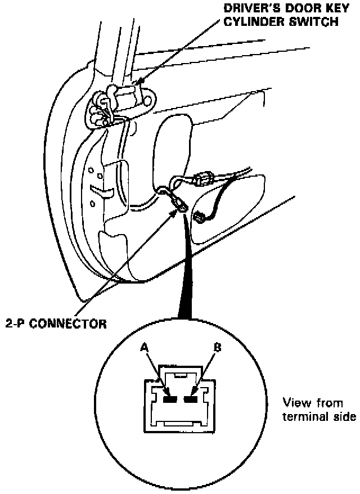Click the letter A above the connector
[144, 348]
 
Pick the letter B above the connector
[217, 348]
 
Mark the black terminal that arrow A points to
[170, 399]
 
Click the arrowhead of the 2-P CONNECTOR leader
[174, 210]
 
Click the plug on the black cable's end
[200, 217]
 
